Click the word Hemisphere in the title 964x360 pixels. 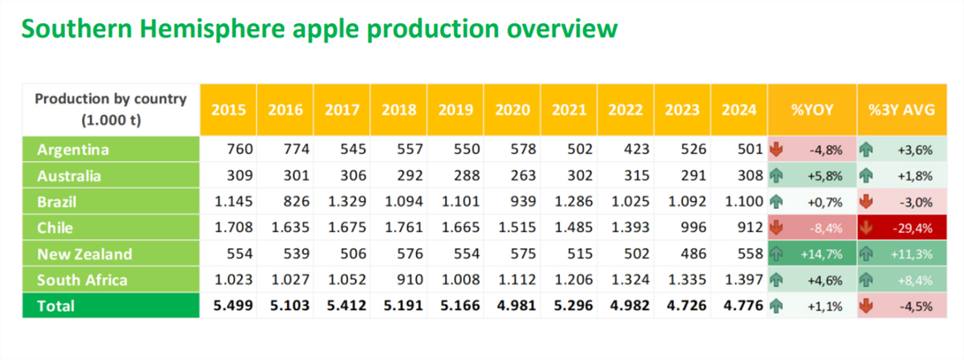click(x=212, y=28)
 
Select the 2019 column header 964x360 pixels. click(x=455, y=110)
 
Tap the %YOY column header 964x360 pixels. click(x=812, y=110)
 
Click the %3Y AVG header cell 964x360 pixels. click(x=902, y=110)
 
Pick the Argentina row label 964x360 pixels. click(x=73, y=149)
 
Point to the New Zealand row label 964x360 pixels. click(x=84, y=254)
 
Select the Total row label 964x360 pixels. click(x=55, y=306)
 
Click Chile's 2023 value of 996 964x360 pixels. click(x=693, y=227)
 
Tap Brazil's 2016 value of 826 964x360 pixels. click(x=296, y=202)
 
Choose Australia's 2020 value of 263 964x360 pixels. click(x=523, y=176)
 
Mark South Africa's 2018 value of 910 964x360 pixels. click(x=410, y=280)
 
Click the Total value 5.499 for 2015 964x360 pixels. click(x=233, y=305)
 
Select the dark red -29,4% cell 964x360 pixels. click(x=902, y=227)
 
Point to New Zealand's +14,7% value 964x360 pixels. click(x=821, y=255)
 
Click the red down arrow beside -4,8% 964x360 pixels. click(x=776, y=149)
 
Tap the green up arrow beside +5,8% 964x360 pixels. click(x=776, y=176)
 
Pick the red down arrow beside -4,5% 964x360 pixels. click(x=866, y=306)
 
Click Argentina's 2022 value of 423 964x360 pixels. click(x=636, y=149)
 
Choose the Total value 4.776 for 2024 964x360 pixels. click(x=743, y=305)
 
